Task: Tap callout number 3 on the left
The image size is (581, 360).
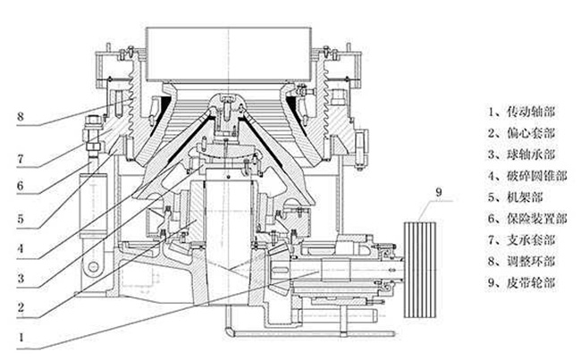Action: [21, 278]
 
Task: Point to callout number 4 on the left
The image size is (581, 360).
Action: [21, 247]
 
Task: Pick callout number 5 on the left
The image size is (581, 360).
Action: [21, 217]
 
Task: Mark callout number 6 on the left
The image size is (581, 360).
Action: [21, 187]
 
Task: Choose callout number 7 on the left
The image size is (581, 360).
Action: [21, 156]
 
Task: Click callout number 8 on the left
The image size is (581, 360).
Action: [21, 115]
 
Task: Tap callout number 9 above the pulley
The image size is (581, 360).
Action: [439, 190]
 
